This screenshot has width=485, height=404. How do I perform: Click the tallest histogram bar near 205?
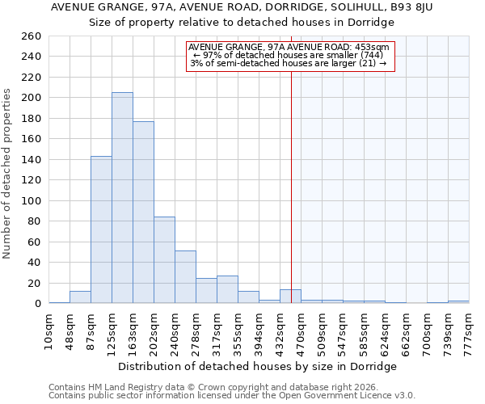(122, 198)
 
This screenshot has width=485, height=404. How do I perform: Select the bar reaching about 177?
(143, 212)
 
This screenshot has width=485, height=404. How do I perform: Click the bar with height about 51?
(185, 276)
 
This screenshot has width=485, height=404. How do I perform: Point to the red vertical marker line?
(291, 178)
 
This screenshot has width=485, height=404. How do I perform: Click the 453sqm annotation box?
(290, 56)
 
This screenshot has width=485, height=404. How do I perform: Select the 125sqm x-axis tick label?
(112, 332)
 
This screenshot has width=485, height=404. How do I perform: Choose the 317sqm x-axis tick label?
(217, 332)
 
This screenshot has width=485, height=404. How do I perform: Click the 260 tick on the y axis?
(32, 36)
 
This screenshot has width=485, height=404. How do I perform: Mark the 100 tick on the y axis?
(32, 200)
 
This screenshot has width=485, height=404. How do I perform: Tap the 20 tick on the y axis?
(35, 283)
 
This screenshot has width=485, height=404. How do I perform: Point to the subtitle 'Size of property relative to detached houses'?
(242, 23)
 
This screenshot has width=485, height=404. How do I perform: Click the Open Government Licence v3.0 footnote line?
(232, 396)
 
